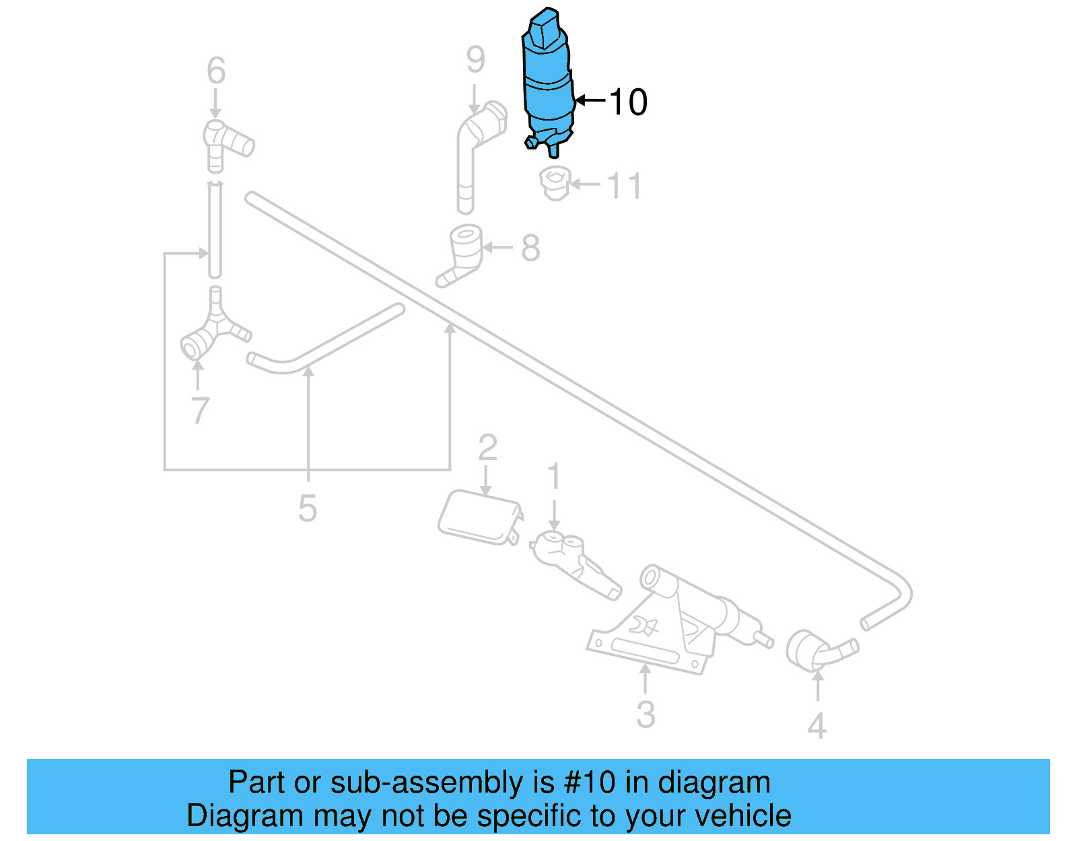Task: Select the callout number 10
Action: click(627, 102)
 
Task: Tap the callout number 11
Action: click(624, 186)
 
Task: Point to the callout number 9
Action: click(475, 61)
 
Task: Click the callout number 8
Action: click(530, 248)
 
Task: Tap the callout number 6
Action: click(216, 71)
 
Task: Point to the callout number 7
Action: click(200, 411)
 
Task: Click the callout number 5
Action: click(308, 508)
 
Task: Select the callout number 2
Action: click(487, 448)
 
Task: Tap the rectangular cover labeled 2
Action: click(479, 518)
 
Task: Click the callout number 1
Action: click(554, 477)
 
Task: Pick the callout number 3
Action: click(645, 714)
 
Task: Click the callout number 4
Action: click(817, 726)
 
